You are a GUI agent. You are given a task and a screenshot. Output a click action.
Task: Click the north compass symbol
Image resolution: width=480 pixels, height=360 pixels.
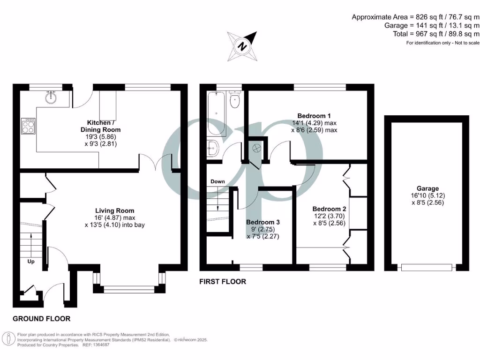[x=242, y=45]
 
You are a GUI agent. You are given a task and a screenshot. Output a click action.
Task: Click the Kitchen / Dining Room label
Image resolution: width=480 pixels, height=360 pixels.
[x=100, y=126]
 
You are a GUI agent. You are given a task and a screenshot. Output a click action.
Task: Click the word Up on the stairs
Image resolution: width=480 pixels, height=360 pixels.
[x=30, y=261]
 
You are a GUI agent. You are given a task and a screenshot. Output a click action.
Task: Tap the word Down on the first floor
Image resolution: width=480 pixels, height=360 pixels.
[x=217, y=181]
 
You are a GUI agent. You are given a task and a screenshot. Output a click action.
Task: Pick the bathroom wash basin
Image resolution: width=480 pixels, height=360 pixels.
[x=212, y=148]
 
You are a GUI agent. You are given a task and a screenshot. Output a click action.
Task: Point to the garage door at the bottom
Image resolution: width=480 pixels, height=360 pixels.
[x=427, y=267]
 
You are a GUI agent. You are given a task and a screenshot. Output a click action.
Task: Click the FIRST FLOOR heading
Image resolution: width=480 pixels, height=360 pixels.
[x=223, y=282]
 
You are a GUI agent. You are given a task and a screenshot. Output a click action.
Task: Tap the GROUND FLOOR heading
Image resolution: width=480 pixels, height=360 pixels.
[x=41, y=319]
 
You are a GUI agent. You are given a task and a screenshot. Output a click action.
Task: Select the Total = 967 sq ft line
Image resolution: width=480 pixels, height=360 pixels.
[x=436, y=34]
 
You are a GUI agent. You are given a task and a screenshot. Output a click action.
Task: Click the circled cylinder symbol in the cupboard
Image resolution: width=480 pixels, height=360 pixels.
[x=256, y=148]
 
